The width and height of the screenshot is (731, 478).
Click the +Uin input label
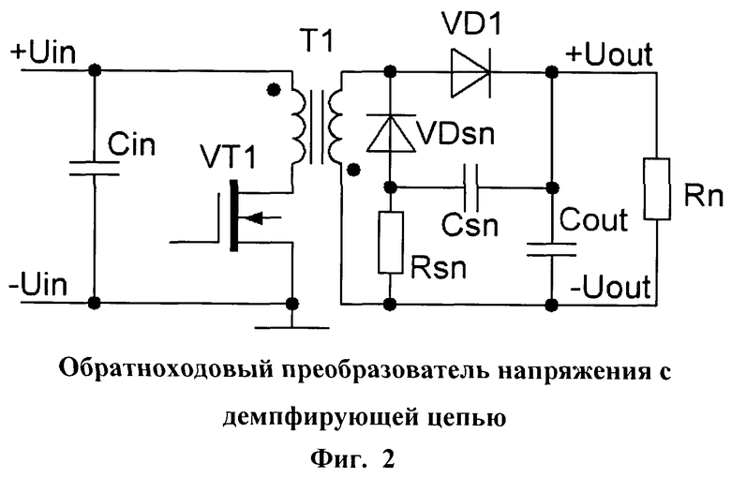point(38,52)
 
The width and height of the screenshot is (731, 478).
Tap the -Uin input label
point(37,281)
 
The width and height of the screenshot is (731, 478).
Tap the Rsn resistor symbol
point(390,242)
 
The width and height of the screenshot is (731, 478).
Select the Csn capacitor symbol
point(474,187)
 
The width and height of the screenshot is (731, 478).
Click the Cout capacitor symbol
point(549,246)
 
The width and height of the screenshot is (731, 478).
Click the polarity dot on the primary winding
point(273,91)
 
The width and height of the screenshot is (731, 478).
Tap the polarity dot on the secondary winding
point(353,170)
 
